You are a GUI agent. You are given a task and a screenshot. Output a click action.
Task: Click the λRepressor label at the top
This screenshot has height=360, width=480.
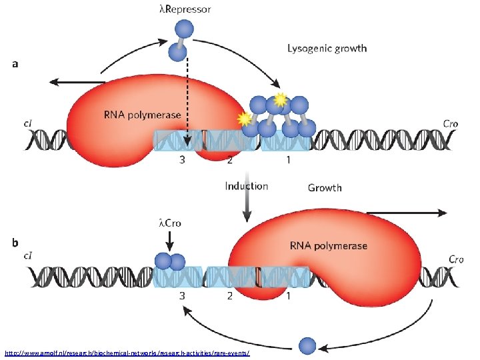pyautogui.click(x=185, y=9)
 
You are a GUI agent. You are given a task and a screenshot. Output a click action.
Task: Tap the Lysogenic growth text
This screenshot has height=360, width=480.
pyautogui.click(x=327, y=48)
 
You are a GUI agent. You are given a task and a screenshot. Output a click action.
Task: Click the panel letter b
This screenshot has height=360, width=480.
pyautogui.click(x=15, y=243)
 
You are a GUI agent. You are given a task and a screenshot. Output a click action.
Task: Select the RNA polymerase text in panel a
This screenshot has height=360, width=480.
pyautogui.click(x=141, y=115)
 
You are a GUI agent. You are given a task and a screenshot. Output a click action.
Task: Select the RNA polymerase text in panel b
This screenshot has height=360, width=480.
pyautogui.click(x=327, y=245)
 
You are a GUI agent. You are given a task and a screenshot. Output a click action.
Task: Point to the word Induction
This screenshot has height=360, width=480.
pyautogui.click(x=247, y=186)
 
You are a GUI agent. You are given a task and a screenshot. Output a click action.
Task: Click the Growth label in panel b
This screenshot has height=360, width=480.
pyautogui.click(x=325, y=187)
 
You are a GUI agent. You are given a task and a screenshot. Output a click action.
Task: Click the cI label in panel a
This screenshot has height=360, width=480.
pyautogui.click(x=29, y=123)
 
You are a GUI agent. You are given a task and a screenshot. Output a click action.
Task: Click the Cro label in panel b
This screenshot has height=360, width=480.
pyautogui.click(x=456, y=259)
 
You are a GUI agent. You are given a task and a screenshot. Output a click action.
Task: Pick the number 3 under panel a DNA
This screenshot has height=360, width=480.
pyautogui.click(x=181, y=160)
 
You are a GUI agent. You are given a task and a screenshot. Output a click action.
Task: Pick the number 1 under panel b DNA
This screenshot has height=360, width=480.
pyautogui.click(x=288, y=296)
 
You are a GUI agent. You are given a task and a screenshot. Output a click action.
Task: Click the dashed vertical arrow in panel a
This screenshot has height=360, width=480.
pyautogui.click(x=187, y=100)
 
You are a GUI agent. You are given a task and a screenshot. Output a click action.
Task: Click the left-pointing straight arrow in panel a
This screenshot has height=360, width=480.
pyautogui.click(x=77, y=82)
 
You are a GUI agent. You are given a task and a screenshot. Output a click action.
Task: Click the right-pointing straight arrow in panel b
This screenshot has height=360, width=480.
pyautogui.click(x=407, y=213)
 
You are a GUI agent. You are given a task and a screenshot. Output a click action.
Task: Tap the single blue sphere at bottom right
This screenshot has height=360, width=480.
pyautogui.click(x=307, y=345)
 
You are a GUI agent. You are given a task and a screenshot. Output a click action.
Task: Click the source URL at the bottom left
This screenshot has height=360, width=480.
pyautogui.click(x=127, y=351)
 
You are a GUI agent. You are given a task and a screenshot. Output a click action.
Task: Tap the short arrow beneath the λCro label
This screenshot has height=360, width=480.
pyautogui.click(x=170, y=238)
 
